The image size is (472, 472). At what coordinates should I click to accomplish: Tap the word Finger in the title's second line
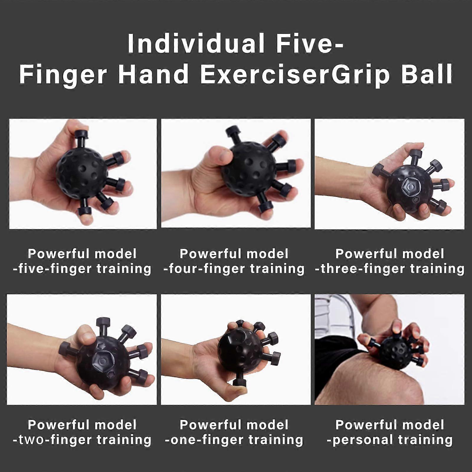[63, 74]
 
